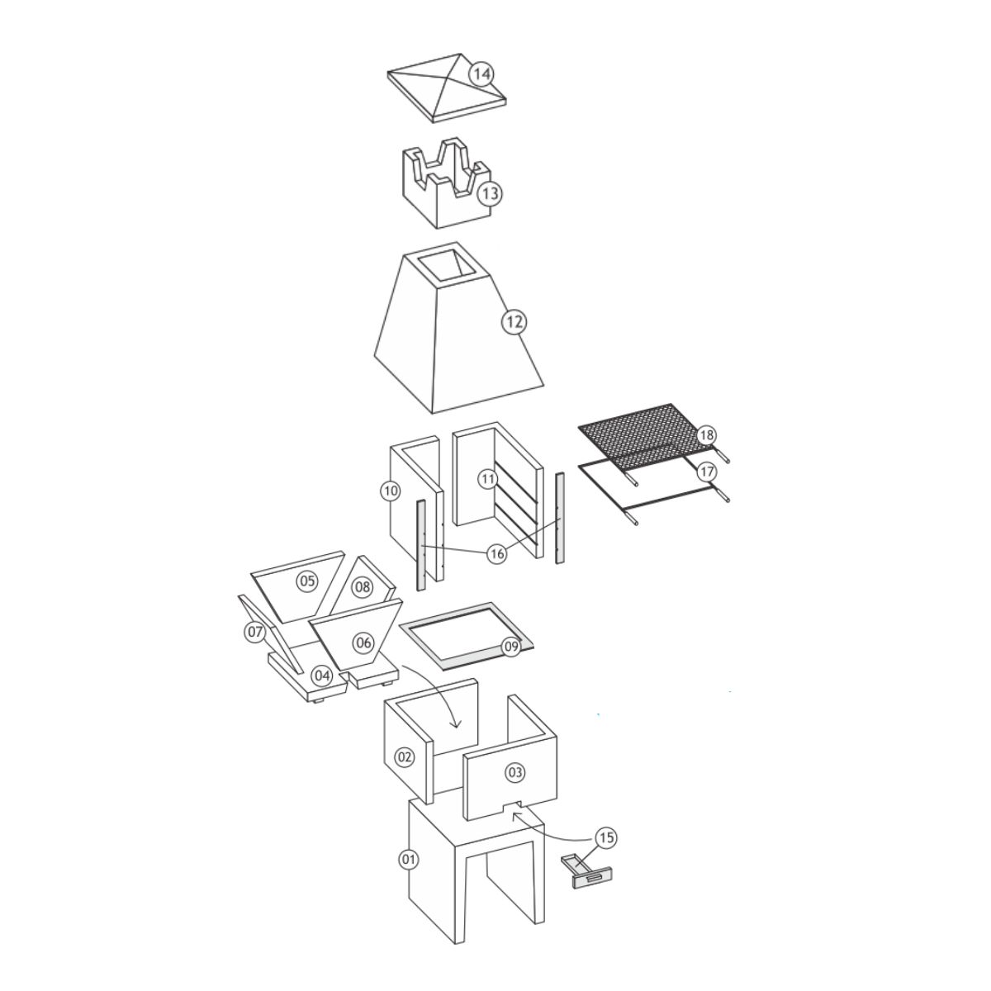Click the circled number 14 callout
(x=481, y=74)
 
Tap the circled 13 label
(x=490, y=194)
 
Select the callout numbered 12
(x=514, y=322)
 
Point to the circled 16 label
(x=497, y=554)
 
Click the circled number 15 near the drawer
(x=607, y=838)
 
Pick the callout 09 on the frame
(x=510, y=647)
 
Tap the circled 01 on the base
(x=408, y=860)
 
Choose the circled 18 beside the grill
(x=707, y=435)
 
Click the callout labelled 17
(x=707, y=471)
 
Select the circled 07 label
(x=255, y=632)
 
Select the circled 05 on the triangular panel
(x=307, y=581)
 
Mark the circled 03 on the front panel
(x=514, y=772)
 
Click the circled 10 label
(x=391, y=491)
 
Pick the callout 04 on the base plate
(x=322, y=676)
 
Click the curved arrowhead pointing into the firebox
(x=455, y=724)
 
